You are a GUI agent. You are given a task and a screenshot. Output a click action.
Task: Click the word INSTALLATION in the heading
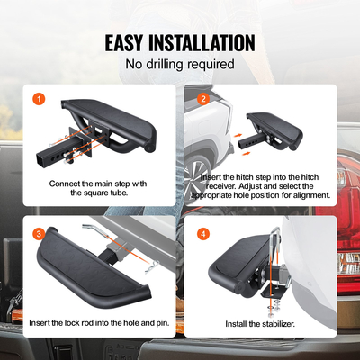[204, 42]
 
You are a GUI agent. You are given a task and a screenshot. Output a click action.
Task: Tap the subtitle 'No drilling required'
[180, 64]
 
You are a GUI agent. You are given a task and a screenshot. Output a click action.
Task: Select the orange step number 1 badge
[38, 99]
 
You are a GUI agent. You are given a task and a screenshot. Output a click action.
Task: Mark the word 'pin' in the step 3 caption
[157, 321]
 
